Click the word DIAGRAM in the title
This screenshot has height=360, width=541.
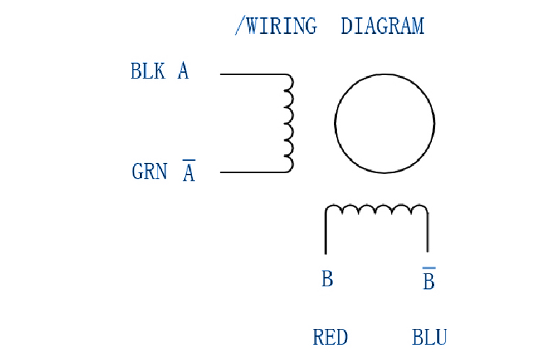pos(382,26)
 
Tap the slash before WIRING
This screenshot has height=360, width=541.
pos(239,26)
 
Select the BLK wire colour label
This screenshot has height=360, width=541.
pos(147,71)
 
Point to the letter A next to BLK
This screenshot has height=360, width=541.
pos(183,71)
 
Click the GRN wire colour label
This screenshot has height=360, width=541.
pos(149,171)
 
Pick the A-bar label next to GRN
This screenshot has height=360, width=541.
pos(189,172)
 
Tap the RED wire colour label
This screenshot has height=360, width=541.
pos(331,336)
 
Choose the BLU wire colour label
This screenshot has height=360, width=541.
pos(429,336)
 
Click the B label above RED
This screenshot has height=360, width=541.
pos(327,279)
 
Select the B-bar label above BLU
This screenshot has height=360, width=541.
pos(429,280)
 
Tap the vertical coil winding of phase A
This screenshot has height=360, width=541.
pos(289,122)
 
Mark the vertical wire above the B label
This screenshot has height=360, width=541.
pos(326,233)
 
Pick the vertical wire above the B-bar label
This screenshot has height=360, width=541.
pos(427,233)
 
